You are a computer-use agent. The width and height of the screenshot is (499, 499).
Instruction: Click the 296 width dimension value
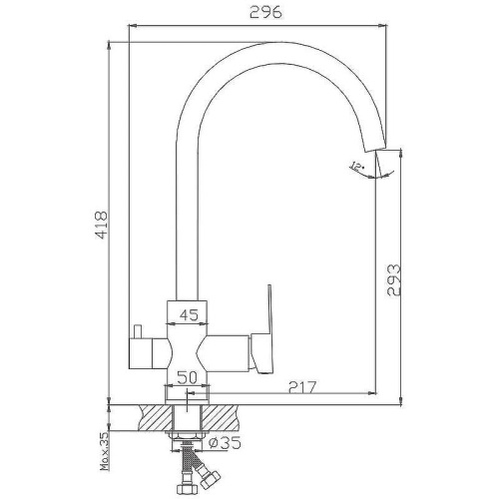pyautogui.click(x=265, y=13)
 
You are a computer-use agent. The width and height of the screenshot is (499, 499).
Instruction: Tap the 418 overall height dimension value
pyautogui.click(x=101, y=225)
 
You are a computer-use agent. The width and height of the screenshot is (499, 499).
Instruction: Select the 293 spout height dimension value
pyautogui.click(x=394, y=279)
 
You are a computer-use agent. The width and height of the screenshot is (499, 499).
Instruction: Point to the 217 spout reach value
pyautogui.click(x=302, y=387)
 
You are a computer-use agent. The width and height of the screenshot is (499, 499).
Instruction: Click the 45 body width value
pyautogui.click(x=189, y=314)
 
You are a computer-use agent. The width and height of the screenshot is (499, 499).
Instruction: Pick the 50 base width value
pyautogui.click(x=187, y=377)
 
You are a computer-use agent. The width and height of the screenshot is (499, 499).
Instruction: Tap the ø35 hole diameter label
pyautogui.click(x=225, y=442)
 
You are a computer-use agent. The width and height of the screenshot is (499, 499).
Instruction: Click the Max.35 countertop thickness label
pyautogui.click(x=105, y=451)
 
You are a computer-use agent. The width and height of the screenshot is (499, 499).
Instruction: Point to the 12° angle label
pyautogui.click(x=355, y=166)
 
